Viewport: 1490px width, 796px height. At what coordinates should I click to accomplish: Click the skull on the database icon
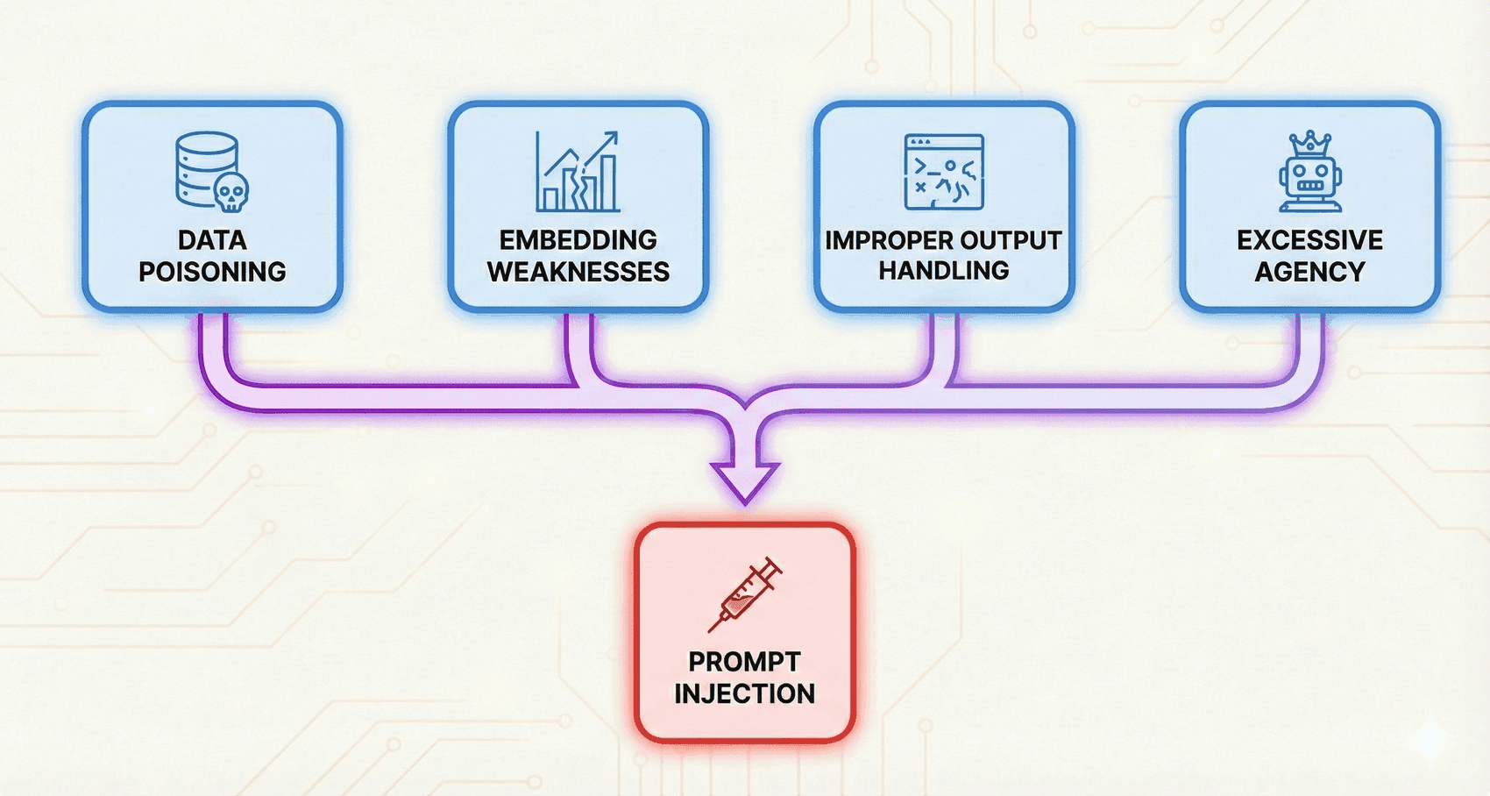coord(231,192)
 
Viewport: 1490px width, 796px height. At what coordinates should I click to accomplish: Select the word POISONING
coord(212,272)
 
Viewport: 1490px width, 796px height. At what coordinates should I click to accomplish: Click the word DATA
coord(212,240)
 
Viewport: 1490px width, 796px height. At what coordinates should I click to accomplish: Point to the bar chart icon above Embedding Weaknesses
coord(578,173)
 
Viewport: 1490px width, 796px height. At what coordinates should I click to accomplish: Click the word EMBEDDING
coord(578,240)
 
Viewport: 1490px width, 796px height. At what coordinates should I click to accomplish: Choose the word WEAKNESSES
coord(578,272)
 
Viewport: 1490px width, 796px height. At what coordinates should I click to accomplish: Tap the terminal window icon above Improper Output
coord(944,172)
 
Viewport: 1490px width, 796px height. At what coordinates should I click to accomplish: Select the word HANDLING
coord(944,271)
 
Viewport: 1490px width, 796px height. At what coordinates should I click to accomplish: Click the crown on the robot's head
coord(1309,142)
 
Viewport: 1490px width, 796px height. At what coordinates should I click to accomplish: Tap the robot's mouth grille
coord(1309,186)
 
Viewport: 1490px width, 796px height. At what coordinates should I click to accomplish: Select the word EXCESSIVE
coord(1309,240)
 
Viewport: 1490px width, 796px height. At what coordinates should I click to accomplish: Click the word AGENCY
coord(1309,272)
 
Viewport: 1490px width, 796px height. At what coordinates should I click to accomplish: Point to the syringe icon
coord(745,594)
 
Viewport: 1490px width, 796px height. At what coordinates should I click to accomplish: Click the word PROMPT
coord(744,662)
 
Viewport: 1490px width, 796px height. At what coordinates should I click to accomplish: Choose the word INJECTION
coord(744,693)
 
